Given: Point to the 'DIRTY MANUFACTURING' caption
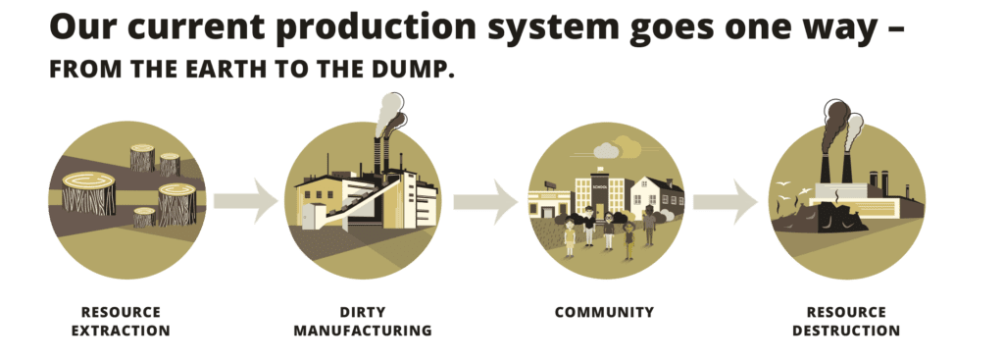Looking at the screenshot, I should (362, 321).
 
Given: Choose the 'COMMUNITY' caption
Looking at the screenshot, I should (603, 313).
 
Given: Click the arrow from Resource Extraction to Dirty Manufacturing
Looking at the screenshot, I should (245, 202).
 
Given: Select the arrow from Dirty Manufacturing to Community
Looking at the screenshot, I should (485, 202).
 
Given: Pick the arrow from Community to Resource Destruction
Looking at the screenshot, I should (726, 202).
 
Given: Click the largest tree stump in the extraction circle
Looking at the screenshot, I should (89, 192).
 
